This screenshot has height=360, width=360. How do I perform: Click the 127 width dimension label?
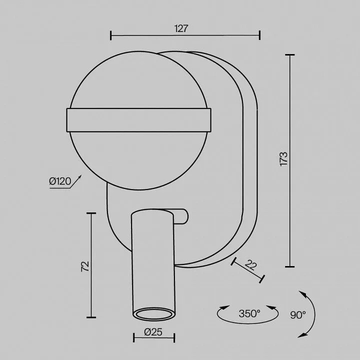tap(181, 28)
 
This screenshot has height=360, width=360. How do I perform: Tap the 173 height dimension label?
tap(284, 159)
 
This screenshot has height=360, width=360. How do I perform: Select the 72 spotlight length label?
tap(85, 266)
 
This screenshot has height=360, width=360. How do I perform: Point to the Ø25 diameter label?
tap(153, 332)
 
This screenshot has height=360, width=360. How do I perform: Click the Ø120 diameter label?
tap(60, 181)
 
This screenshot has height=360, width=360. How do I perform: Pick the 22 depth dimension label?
tap(250, 265)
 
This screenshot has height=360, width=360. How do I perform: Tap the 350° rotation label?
tap(249, 313)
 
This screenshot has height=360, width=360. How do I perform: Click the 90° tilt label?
tap(298, 315)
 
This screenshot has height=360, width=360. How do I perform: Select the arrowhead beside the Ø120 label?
tap(79, 177)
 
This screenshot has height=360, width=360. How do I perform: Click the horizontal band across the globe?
tap(139, 120)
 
